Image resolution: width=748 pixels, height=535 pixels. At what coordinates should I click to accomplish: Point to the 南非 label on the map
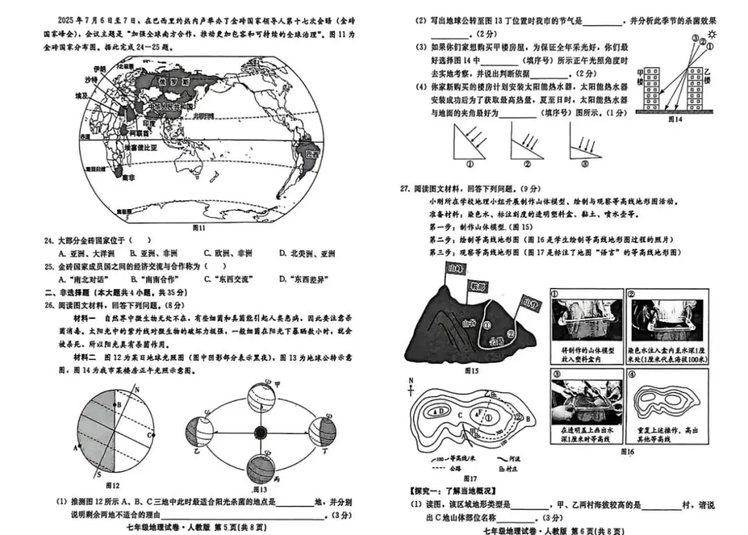click(x=127, y=178)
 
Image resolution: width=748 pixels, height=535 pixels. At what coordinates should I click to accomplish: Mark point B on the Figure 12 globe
click(x=118, y=403)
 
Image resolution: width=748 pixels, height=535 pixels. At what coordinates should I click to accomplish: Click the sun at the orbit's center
click(x=260, y=433)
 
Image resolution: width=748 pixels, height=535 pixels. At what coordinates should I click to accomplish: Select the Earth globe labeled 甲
click(x=260, y=398)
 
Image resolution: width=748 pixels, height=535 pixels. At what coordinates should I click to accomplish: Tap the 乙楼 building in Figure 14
click(x=696, y=90)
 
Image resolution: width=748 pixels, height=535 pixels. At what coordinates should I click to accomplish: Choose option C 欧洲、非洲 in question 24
click(x=226, y=253)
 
